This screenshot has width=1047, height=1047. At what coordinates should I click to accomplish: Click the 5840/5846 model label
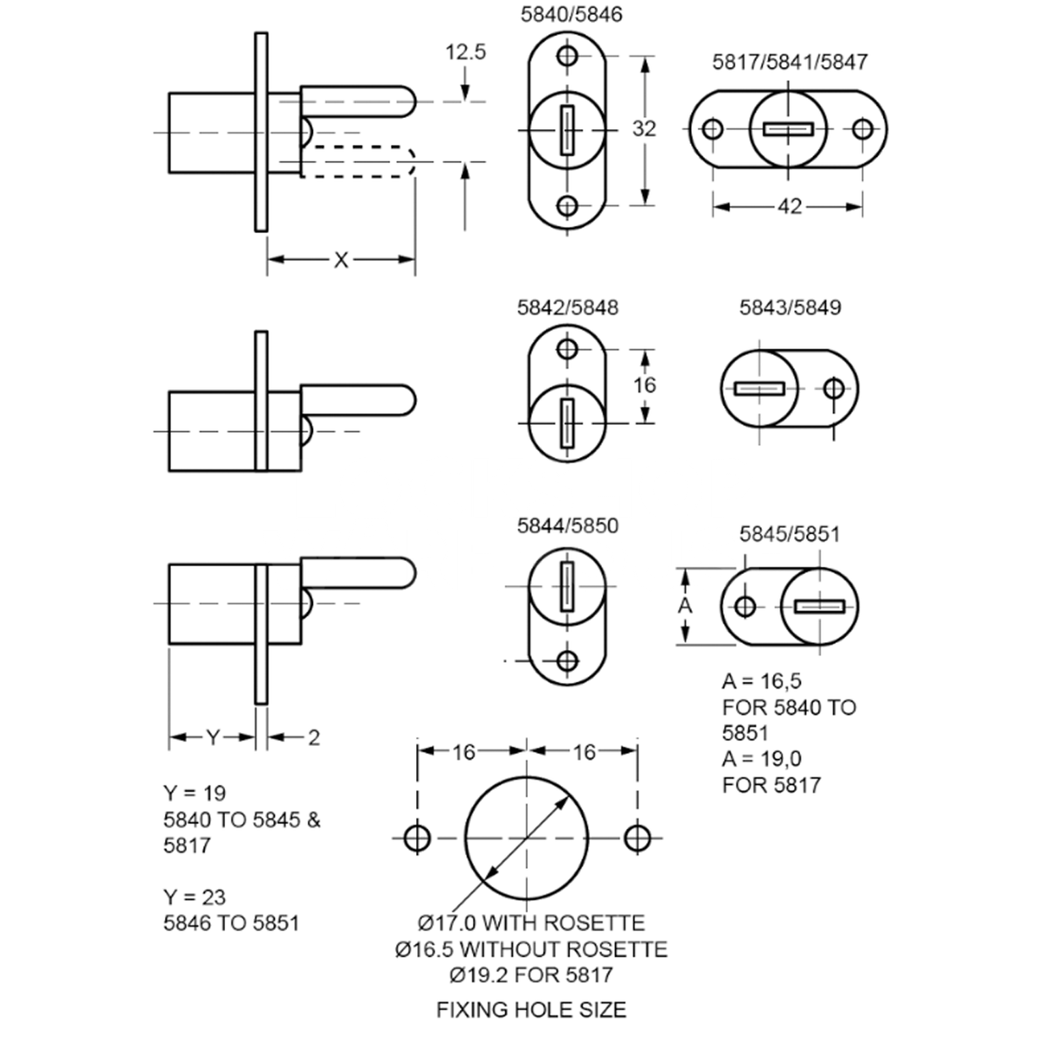571,15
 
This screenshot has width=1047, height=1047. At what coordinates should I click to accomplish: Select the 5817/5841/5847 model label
790,62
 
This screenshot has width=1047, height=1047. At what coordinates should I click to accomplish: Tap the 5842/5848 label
568,308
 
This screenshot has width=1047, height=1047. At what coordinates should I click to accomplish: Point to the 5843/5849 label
790,308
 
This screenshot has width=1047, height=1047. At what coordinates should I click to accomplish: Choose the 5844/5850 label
568,525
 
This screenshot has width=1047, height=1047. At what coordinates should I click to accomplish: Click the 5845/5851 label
790,533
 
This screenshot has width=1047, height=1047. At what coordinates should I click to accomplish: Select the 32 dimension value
644,129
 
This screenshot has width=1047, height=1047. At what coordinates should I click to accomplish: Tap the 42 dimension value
789,207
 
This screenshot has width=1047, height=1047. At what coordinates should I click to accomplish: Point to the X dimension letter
340,260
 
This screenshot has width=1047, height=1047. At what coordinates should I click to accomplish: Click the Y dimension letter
212,738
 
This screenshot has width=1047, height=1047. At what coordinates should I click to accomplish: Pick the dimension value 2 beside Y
313,738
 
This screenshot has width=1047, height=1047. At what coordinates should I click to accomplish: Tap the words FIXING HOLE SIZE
530,1009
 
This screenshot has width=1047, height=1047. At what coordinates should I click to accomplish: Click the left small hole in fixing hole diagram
418,838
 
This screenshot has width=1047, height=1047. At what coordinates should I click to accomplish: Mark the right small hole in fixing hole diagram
637,838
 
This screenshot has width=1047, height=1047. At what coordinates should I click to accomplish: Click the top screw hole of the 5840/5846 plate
569,57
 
